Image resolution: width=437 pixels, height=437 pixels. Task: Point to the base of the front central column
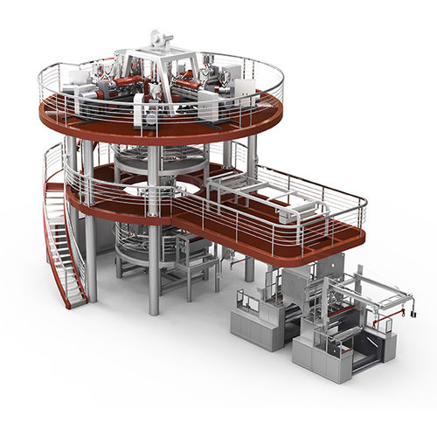(154, 310)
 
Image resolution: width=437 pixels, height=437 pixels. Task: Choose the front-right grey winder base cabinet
(319, 354)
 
